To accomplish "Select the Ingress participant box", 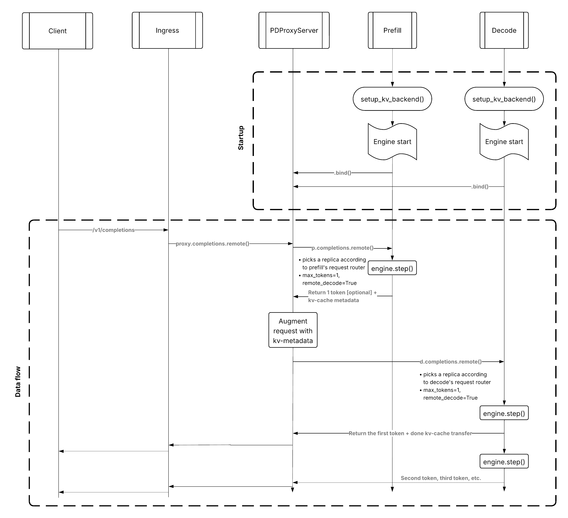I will [x=167, y=30].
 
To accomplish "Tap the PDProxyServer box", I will [x=294, y=30].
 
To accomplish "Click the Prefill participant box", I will [x=392, y=30].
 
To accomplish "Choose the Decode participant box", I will [x=504, y=30].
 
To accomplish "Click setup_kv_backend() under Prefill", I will [x=392, y=99].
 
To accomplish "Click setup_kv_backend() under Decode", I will [x=504, y=99].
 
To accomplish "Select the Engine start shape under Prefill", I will [x=392, y=142].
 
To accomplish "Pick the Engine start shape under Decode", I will [x=504, y=142].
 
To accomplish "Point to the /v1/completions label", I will [x=113, y=230].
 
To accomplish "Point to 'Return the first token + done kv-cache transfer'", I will [x=410, y=433].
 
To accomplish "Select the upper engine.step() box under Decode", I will [x=504, y=413].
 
